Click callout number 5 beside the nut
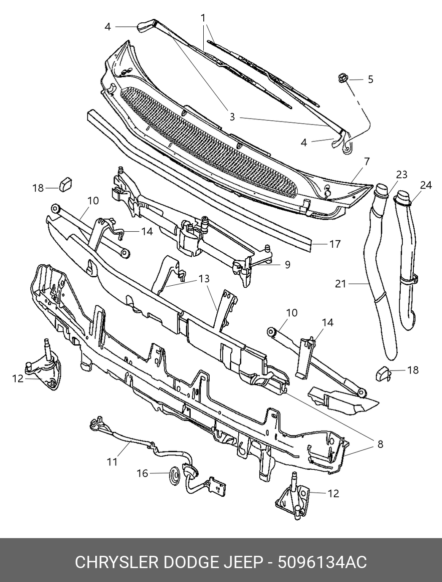[x=370, y=79]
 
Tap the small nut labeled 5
[x=342, y=78]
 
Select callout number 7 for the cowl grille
[x=367, y=161]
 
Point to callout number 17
[x=334, y=244]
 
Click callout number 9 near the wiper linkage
[x=288, y=265]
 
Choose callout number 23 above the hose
[x=402, y=175]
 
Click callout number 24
[x=426, y=185]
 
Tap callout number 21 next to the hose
[x=340, y=284]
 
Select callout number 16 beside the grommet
[x=143, y=474]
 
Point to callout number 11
[x=112, y=462]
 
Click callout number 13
[x=204, y=279]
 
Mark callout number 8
[x=380, y=444]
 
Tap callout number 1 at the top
[x=203, y=18]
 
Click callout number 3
[x=232, y=116]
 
